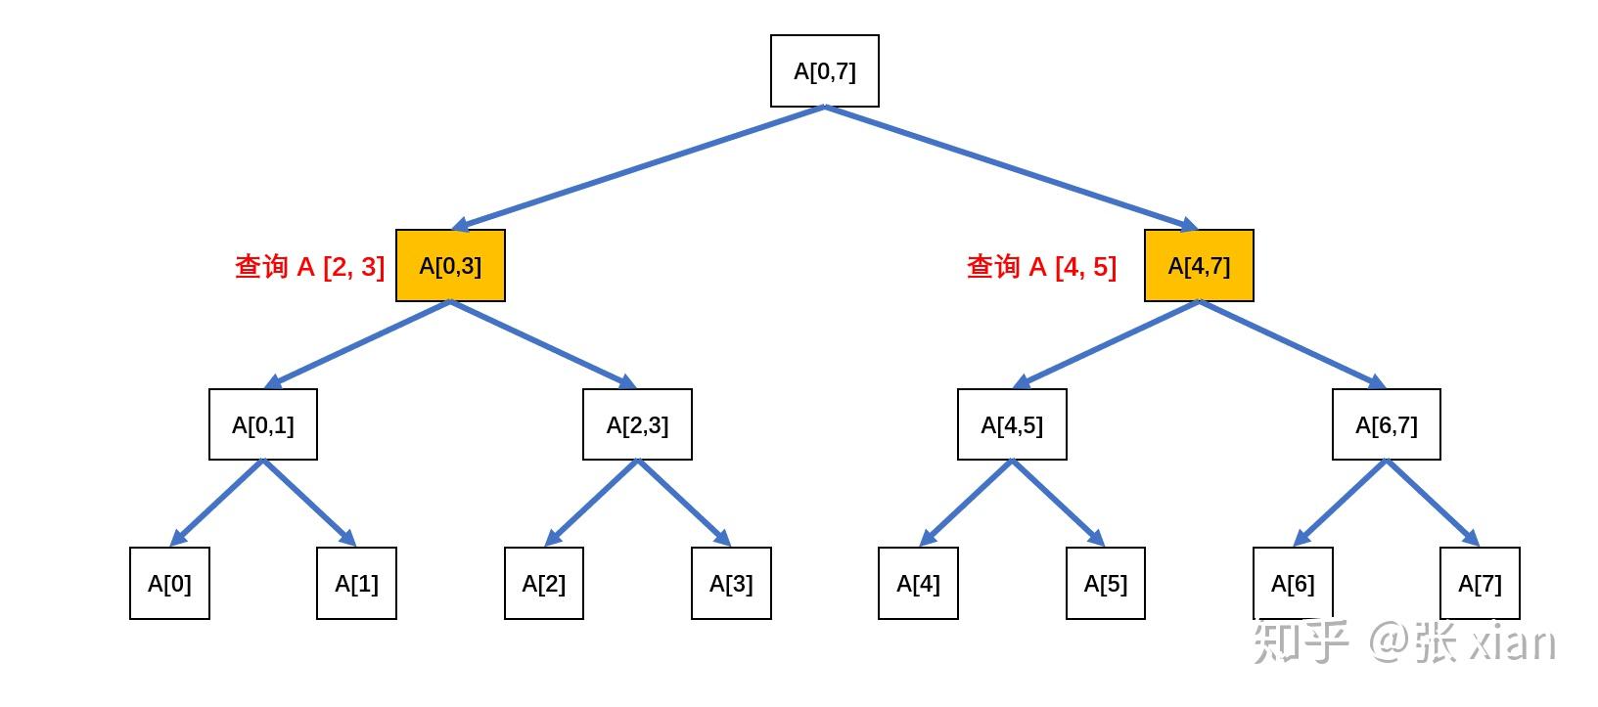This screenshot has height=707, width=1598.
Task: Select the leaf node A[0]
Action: click(169, 584)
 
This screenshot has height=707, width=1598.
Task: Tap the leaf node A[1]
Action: click(356, 584)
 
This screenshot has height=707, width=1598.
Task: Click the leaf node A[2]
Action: click(544, 584)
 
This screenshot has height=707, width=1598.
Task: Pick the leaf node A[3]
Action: click(731, 584)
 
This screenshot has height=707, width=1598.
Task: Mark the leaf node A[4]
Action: click(918, 584)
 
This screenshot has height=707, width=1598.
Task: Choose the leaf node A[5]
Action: click(1106, 584)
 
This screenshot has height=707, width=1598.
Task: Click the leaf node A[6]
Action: click(1293, 583)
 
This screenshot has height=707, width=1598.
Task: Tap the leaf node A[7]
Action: click(1480, 583)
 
